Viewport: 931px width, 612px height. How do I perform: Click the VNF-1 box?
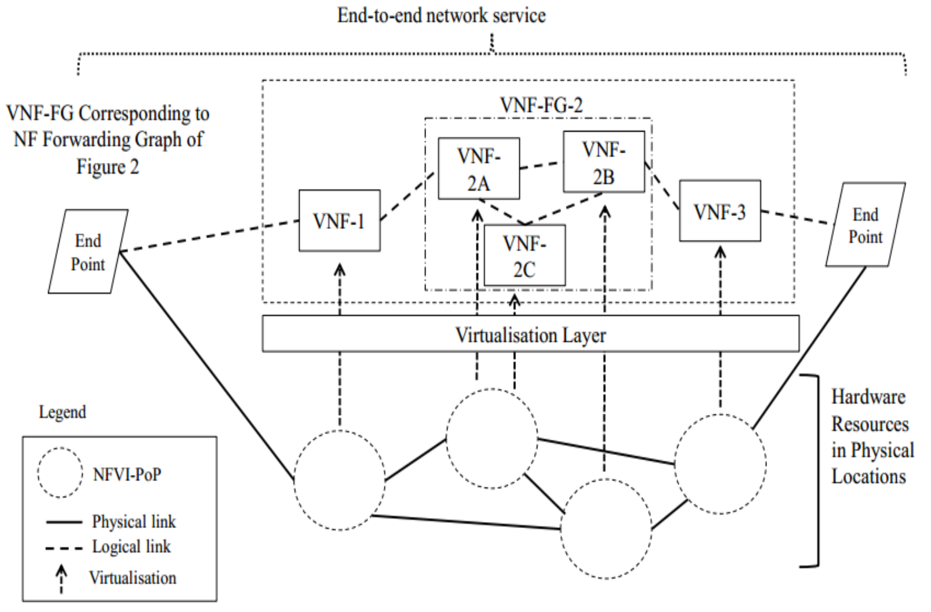point(339,221)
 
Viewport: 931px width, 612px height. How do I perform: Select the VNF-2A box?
point(478,169)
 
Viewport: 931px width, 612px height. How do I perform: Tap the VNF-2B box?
point(603,162)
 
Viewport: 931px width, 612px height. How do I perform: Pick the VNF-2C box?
point(524,256)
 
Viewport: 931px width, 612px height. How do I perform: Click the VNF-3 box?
point(719,211)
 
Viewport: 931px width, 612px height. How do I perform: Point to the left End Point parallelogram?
point(88,252)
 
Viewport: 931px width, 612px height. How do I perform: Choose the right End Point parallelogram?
point(865,225)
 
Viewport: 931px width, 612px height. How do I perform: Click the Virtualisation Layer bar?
point(530,334)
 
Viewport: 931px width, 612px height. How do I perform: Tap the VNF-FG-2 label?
point(541,105)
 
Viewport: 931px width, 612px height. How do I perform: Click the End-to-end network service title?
point(441,15)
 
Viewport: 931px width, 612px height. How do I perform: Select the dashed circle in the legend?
point(60,472)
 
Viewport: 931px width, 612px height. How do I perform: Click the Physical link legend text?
point(133,522)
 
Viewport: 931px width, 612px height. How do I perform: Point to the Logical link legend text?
point(131,547)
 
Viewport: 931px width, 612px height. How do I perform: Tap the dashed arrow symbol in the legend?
point(61,578)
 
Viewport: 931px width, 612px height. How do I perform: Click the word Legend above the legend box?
point(62,412)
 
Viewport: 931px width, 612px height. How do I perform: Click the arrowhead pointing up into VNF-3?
point(720,253)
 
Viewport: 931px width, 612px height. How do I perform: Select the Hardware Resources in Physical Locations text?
point(871,436)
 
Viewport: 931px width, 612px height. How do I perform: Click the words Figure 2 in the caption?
point(107,167)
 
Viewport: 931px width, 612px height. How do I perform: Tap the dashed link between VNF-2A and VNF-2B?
point(541,166)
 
